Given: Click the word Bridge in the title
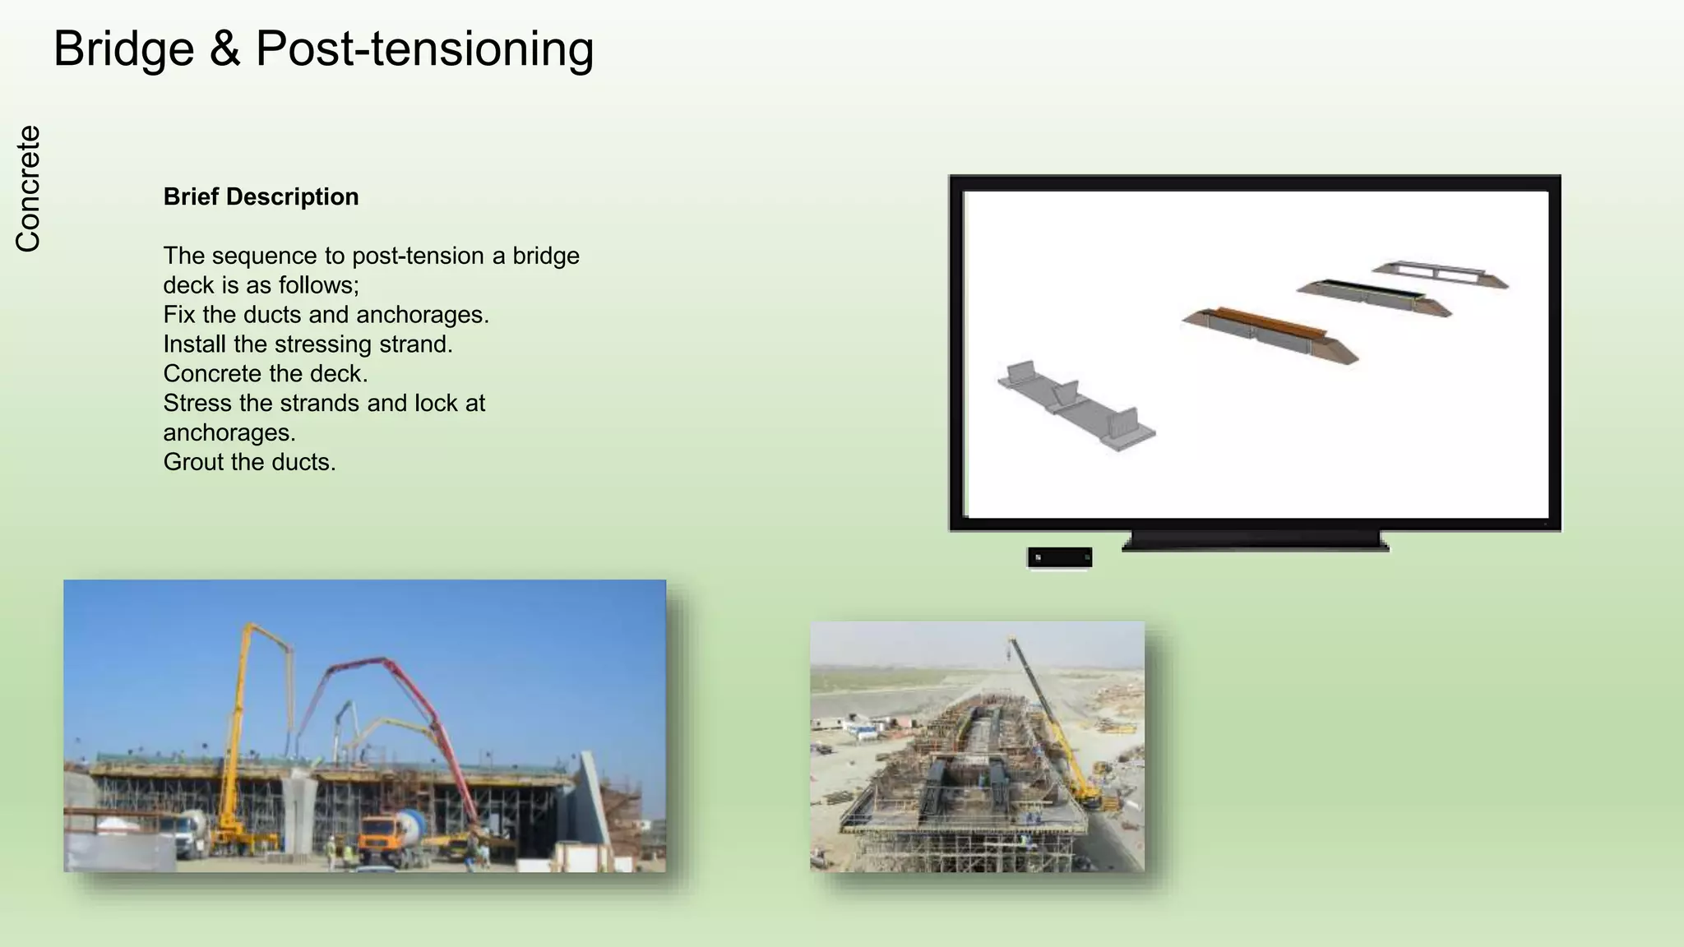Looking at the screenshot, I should (123, 49).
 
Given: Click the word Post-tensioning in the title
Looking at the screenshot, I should (424, 49).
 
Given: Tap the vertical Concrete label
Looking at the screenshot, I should (28, 188).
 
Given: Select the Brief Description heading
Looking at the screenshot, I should (261, 197).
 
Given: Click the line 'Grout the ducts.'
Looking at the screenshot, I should (249, 462).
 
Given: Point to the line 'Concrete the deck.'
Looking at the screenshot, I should (265, 374).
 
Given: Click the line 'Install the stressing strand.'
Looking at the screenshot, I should (308, 344).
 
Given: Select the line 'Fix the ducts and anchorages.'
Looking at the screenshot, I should (326, 315).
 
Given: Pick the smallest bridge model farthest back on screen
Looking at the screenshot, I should (1439, 274).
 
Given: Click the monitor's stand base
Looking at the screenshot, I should (1255, 542).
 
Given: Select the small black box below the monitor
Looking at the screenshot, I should (1059, 557).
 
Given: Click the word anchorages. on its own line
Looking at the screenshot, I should (229, 433).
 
